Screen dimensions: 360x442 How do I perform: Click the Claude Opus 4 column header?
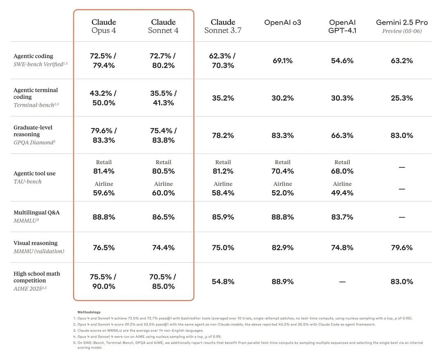coord(104,26)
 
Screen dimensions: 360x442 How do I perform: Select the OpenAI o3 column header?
coord(282,22)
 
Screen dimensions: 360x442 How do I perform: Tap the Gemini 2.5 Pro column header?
coord(402,26)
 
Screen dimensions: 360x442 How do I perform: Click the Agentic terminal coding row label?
coord(36,93)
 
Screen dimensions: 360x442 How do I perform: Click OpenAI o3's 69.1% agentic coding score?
coord(282,61)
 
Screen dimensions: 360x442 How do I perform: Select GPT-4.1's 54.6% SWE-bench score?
coord(342,61)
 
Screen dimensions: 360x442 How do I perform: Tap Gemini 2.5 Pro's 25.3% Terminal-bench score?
coord(402,98)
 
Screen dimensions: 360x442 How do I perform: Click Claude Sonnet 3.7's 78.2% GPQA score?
coord(223,135)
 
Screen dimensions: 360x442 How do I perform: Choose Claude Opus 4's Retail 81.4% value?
coord(104,171)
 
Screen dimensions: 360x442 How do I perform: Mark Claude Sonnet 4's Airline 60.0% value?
coord(163,193)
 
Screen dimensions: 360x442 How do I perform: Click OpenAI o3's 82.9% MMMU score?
coord(282,248)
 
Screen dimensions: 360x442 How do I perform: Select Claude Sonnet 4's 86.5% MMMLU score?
coord(163,217)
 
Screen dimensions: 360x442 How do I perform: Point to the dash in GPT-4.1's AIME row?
coord(342,282)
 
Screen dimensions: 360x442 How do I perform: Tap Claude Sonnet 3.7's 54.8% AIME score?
coord(223,281)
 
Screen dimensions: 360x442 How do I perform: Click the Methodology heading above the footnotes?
coord(89,312)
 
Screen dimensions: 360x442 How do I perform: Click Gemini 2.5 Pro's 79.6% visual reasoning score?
coord(402,248)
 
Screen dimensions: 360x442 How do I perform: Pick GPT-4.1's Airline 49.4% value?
coord(342,193)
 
